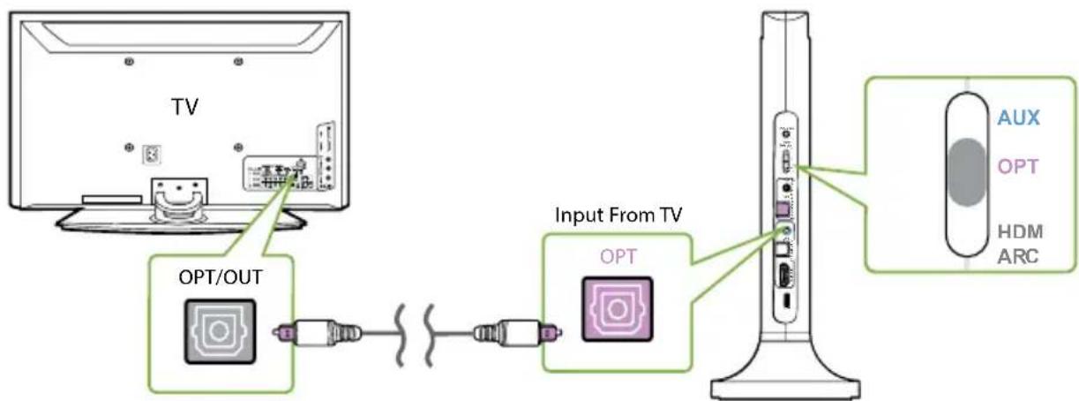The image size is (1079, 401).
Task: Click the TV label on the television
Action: coord(184,107)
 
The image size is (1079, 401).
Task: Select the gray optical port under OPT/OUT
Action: coord(217,331)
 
